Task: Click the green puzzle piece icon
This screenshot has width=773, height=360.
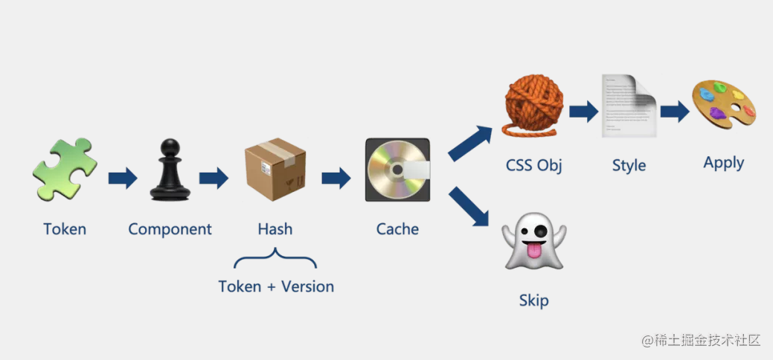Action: click(x=64, y=170)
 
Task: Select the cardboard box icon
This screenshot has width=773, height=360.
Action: click(x=275, y=170)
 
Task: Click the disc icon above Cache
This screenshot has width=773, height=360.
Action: click(x=397, y=170)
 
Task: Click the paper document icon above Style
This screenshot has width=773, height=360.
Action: click(x=629, y=106)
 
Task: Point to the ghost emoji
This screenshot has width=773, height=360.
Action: click(x=534, y=242)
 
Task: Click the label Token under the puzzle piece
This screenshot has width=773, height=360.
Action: click(x=65, y=229)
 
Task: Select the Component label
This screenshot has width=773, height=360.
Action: click(x=170, y=229)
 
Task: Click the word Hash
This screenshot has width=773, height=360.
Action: click(x=275, y=229)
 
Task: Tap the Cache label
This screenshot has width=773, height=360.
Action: click(x=397, y=229)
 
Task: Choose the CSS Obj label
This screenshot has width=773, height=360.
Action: click(x=533, y=164)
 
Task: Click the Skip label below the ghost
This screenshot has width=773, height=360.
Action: click(x=533, y=301)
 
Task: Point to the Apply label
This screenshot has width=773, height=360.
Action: click(x=723, y=163)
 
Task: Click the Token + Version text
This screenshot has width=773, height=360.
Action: click(x=276, y=286)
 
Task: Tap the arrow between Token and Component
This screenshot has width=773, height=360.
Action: click(x=122, y=178)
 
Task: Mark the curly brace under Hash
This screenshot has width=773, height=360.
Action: click(x=275, y=260)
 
